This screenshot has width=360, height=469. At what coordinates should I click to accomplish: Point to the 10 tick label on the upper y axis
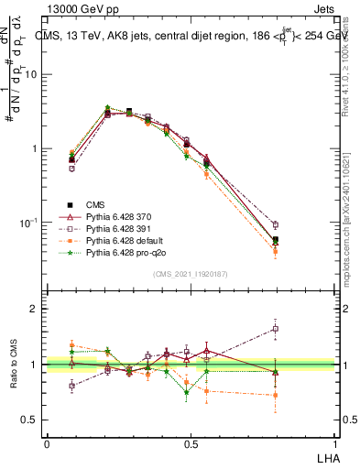pos(31,75)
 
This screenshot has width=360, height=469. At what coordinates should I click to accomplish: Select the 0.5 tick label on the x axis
pos(190,442)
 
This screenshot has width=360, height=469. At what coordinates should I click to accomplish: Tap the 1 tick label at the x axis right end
pos(333,442)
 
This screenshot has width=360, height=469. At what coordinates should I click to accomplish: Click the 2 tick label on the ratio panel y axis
pos(34,309)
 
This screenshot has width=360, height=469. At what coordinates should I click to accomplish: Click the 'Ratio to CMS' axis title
pos(13,365)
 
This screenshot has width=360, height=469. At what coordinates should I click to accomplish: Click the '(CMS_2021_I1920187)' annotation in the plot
pos(191,274)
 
